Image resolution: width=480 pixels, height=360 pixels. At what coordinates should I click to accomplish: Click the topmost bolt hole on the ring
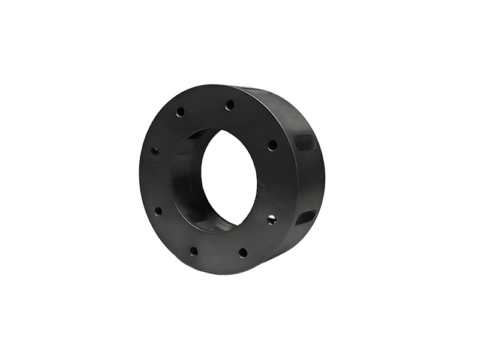[x=230, y=105]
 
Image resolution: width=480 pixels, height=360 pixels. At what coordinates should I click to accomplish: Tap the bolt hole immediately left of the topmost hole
[x=180, y=112]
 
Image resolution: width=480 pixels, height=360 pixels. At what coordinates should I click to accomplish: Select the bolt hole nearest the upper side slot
[x=272, y=145]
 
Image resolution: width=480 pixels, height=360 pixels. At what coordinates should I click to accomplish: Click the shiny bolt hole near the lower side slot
[x=272, y=220]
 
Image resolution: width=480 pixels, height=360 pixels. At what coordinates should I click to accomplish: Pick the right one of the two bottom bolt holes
[x=242, y=253]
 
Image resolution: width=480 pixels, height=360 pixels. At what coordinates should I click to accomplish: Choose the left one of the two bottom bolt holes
[x=193, y=251]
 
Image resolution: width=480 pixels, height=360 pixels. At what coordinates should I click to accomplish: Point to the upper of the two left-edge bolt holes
[x=155, y=150]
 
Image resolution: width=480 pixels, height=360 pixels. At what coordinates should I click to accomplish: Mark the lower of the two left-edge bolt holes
[x=158, y=211]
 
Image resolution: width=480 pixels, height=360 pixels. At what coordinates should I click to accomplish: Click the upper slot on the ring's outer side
[x=304, y=143]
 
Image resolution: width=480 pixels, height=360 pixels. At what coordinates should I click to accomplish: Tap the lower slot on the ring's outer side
[x=304, y=217]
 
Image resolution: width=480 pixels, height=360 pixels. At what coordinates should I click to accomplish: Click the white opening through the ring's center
[x=229, y=177]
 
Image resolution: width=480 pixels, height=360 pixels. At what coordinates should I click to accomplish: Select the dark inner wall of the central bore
[x=186, y=180]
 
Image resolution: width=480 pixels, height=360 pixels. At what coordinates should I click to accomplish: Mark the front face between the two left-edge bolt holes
[x=155, y=180]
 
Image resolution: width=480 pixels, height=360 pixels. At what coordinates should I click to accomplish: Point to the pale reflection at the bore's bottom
[x=214, y=227]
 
